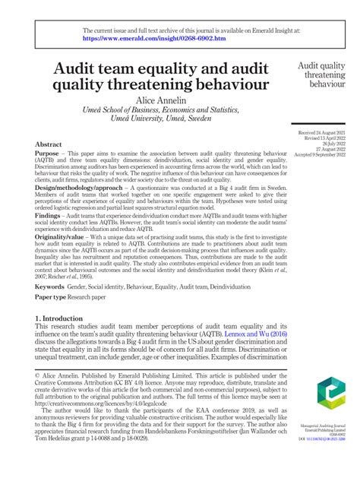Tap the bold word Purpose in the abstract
[51, 153]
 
